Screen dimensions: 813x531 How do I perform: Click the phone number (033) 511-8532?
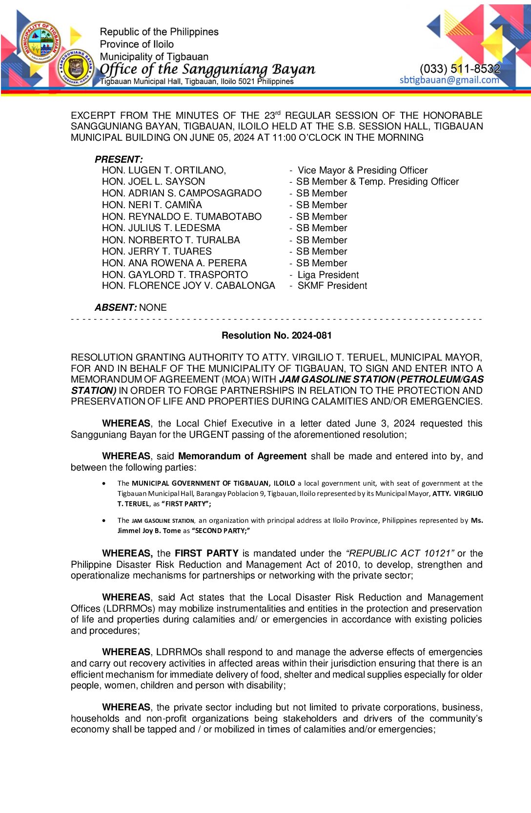tap(460, 68)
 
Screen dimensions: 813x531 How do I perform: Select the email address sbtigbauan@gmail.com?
tap(449, 80)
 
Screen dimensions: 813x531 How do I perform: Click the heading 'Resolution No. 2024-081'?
tap(276, 336)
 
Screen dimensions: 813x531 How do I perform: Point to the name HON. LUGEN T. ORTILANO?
tap(163, 170)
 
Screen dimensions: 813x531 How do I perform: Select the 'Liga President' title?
tap(328, 275)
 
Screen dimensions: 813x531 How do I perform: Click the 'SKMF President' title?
tap(332, 286)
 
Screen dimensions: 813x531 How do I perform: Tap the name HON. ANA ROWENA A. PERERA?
tap(174, 263)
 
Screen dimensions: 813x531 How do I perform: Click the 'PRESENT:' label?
tap(119, 159)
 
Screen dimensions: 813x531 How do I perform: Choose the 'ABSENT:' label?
tap(116, 307)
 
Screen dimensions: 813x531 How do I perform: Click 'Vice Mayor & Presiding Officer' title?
tap(362, 170)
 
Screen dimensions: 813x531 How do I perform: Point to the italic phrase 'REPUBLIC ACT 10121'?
tap(400, 553)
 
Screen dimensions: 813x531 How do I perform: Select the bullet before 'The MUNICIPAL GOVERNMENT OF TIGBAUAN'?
tap(104, 483)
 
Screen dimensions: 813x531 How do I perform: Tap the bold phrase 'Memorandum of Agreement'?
tap(242, 456)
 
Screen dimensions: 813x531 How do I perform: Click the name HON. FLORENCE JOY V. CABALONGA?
tap(188, 286)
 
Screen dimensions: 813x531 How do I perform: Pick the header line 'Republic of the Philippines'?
tap(159, 32)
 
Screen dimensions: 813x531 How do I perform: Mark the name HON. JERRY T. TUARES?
tap(157, 251)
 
